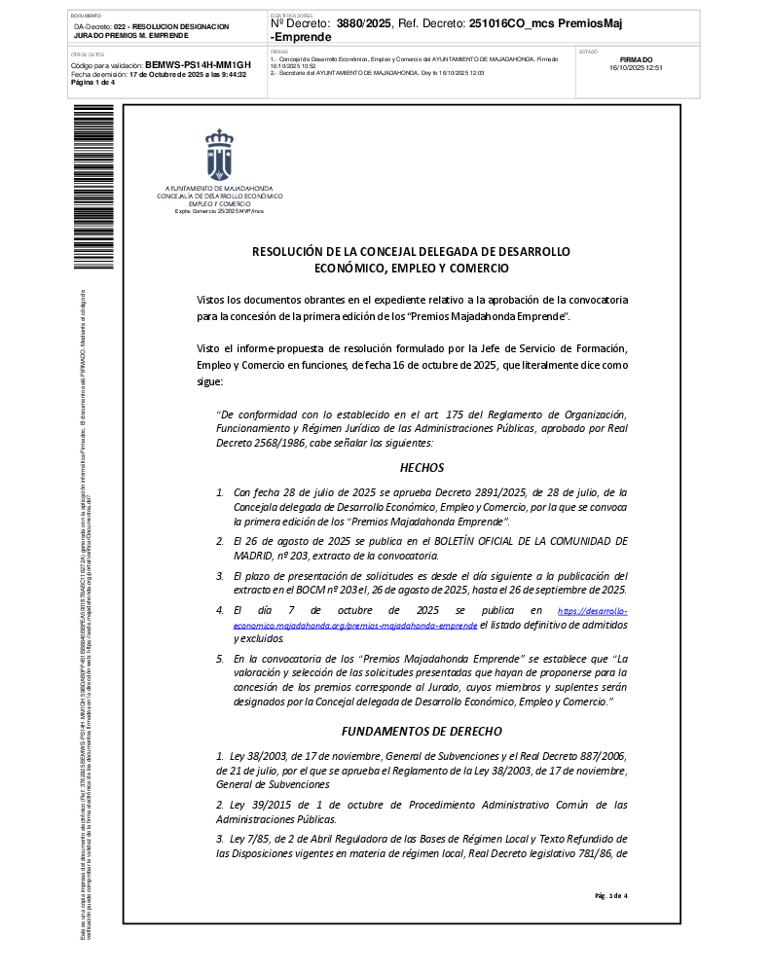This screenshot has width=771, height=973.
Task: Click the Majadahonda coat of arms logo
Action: click(x=218, y=154)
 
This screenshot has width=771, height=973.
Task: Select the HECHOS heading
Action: click(x=422, y=468)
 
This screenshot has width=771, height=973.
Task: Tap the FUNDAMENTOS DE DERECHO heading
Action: click(x=422, y=731)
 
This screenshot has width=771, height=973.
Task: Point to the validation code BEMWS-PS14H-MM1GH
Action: click(x=198, y=64)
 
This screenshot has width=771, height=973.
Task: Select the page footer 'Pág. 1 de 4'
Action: click(x=611, y=895)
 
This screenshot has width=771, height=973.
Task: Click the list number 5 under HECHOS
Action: click(x=219, y=659)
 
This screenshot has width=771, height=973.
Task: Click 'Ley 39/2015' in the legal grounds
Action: click(x=256, y=805)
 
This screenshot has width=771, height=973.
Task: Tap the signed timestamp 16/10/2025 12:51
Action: click(x=636, y=68)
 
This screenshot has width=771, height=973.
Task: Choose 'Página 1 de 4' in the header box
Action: click(x=93, y=82)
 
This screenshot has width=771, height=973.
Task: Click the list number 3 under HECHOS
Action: click(x=219, y=576)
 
